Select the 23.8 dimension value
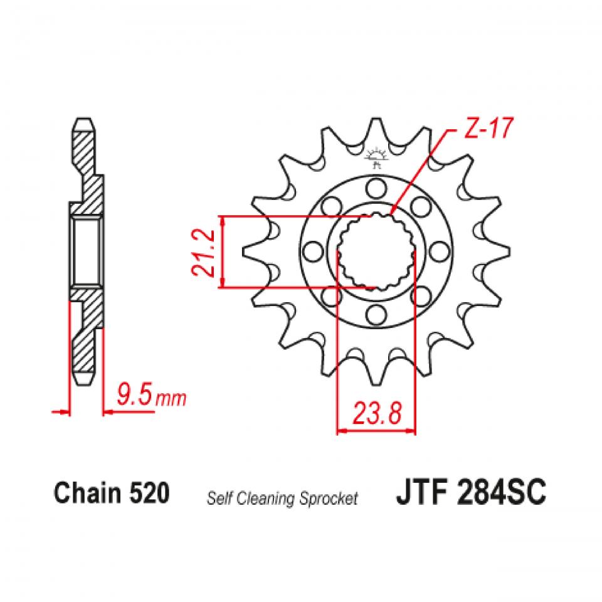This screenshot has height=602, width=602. click(377, 414)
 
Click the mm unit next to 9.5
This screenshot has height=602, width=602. click(170, 398)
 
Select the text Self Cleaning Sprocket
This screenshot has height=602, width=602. click(282, 499)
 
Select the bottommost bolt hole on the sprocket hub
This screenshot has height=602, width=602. click(376, 314)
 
